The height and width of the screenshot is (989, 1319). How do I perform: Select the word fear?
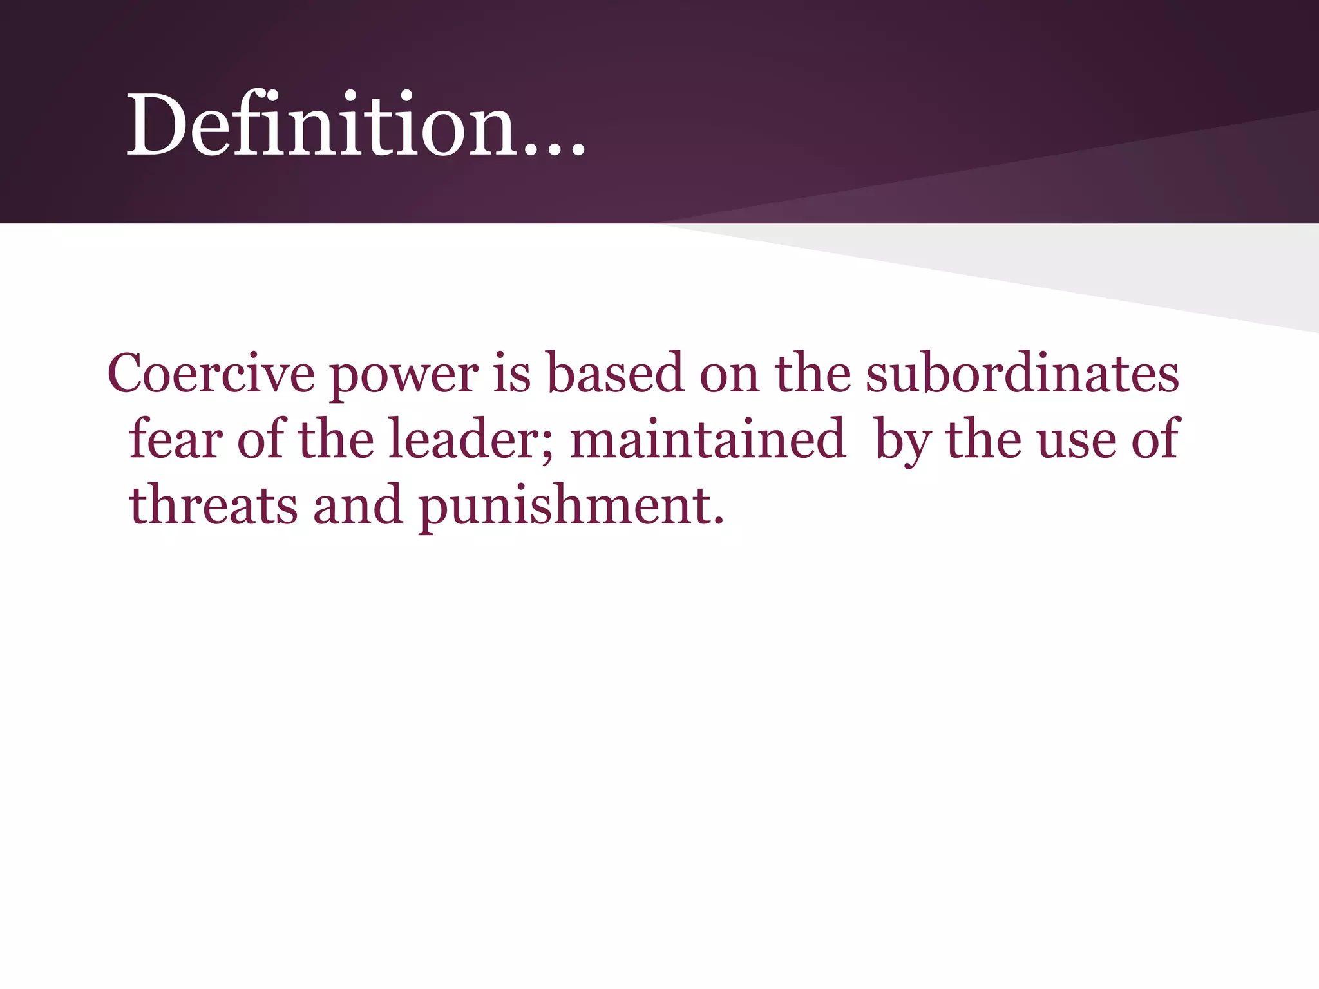pyautogui.click(x=176, y=439)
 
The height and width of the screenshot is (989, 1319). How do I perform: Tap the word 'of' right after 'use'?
pyautogui.click(x=1155, y=439)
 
